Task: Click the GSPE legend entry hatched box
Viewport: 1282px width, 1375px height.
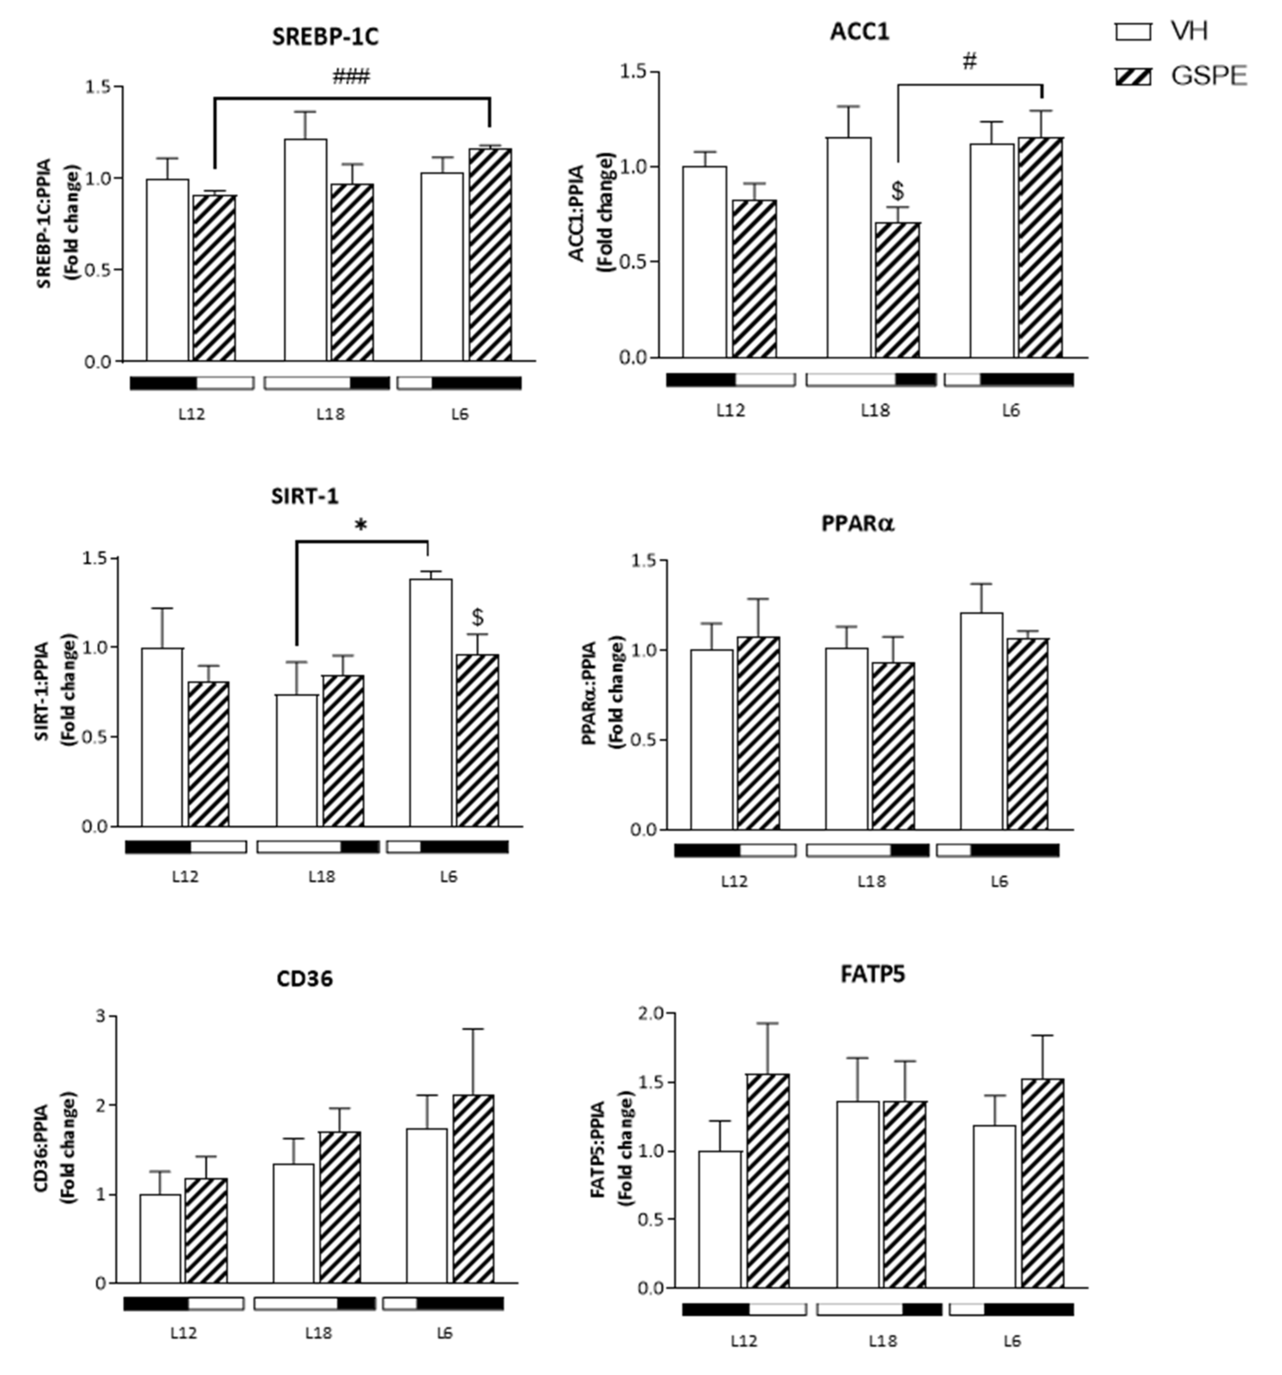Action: pyautogui.click(x=1133, y=76)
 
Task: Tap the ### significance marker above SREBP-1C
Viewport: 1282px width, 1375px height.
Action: pyautogui.click(x=351, y=76)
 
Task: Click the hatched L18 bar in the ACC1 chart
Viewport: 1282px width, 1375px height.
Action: pyautogui.click(x=897, y=291)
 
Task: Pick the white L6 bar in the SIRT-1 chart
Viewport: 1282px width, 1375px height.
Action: pyautogui.click(x=430, y=702)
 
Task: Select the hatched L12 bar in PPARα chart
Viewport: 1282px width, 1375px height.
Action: pyautogui.click(x=758, y=733)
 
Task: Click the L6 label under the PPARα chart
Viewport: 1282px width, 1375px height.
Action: pyautogui.click(x=999, y=881)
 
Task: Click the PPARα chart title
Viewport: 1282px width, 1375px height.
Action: pyautogui.click(x=858, y=523)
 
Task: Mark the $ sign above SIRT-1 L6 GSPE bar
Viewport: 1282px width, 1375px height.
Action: pyautogui.click(x=477, y=617)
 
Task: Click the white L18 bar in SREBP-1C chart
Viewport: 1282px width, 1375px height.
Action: pyautogui.click(x=306, y=249)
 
